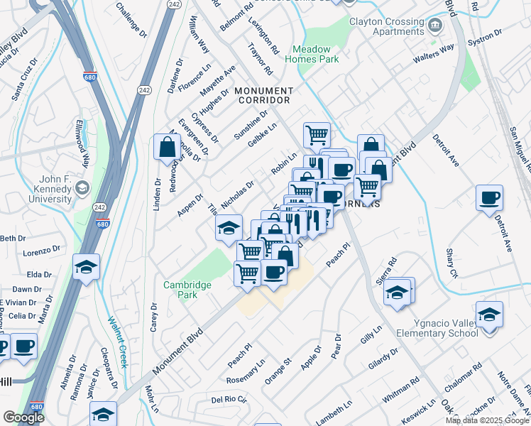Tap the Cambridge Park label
(187, 290)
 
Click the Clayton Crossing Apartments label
(387, 27)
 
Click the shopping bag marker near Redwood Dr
(166, 148)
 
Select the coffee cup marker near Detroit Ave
(489, 199)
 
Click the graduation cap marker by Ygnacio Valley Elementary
(489, 314)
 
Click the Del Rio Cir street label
(229, 399)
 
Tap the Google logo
(24, 417)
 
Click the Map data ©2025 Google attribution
(487, 420)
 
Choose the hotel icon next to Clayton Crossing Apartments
(434, 26)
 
